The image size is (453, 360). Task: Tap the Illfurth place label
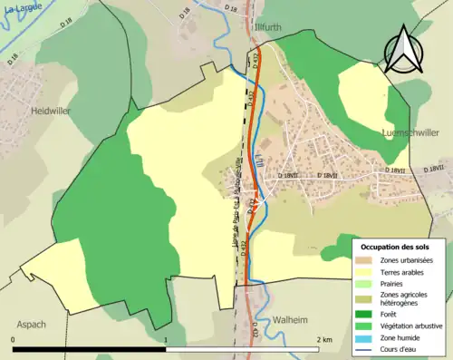(x=270, y=27)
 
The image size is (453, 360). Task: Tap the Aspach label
(x=30, y=324)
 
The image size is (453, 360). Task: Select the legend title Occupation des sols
(x=396, y=247)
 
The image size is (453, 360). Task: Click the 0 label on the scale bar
(x=14, y=340)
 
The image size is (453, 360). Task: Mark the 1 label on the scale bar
(x=166, y=340)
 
